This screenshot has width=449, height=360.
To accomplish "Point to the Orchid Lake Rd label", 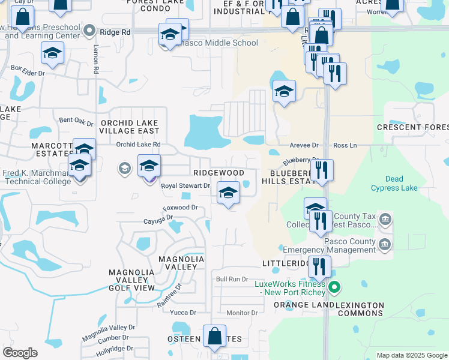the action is point(139,145).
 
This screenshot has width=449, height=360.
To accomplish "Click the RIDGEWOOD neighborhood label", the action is point(218,173).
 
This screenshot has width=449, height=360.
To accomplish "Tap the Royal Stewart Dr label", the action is point(185,186).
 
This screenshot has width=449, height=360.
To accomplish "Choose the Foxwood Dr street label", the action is point(180,208).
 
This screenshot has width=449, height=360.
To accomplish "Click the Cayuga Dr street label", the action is point(158,219).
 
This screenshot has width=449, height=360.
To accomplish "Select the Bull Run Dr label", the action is point(232,279).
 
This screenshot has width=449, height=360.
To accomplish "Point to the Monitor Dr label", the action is point(242,313).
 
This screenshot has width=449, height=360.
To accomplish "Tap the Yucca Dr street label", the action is point(184,313).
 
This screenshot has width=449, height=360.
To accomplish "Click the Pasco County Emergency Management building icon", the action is point(384,244).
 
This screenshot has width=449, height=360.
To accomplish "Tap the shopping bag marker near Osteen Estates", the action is point(214,337).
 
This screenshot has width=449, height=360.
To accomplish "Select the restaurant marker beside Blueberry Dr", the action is point(323,171).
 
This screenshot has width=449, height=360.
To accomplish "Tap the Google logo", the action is point(20,353).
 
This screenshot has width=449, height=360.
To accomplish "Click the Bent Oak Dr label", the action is point(76,121).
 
